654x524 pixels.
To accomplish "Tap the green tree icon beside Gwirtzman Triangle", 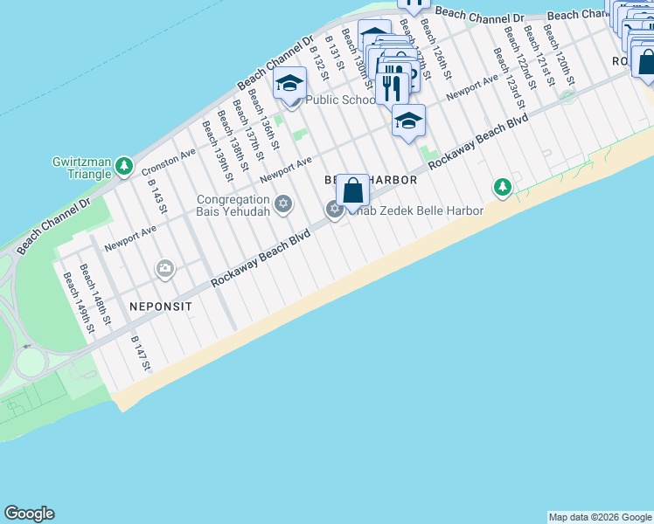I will point(124,164).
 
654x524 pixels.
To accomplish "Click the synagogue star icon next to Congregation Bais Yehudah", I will point(282,204).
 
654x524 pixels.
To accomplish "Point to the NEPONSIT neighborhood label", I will point(160,307).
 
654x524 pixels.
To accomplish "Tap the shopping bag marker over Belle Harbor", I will point(351,190).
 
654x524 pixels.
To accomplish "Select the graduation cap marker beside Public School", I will point(289,85).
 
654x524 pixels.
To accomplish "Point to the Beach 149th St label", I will point(75,298).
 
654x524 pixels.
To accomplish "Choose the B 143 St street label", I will point(158,197).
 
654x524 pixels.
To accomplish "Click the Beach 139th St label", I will point(218,151).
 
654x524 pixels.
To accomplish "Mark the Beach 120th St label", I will point(557,52).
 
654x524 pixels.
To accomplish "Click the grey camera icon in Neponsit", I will point(165,270).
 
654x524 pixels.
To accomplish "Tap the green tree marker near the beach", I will point(503,186).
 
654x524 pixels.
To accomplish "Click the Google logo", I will point(29,514).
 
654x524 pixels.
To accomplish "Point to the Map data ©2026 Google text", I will point(600,517).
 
